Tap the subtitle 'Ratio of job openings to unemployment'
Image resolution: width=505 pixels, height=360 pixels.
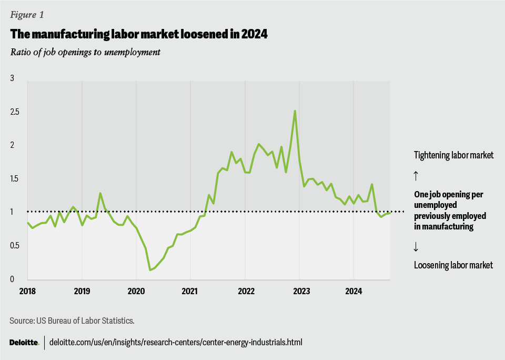pos(85,52)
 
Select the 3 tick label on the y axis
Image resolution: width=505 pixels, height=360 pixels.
pos(13,78)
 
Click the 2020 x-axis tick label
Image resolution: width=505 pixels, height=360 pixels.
pos(136,291)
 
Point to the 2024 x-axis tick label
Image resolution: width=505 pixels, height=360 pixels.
pos(353,291)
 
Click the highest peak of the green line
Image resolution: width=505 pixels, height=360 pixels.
pos(295,111)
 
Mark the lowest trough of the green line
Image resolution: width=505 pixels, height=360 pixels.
pos(150,270)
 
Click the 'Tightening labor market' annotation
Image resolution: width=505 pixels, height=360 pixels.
pos(454,155)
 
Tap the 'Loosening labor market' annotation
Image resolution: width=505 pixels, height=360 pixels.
pos(453,265)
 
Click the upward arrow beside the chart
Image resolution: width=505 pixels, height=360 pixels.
pos(416,174)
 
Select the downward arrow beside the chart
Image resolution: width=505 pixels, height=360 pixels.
pos(416,246)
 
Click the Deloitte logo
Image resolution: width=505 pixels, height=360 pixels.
pos(24,342)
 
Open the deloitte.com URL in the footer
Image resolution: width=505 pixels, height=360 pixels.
pos(176,342)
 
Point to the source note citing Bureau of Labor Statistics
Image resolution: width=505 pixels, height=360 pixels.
pos(61,320)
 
